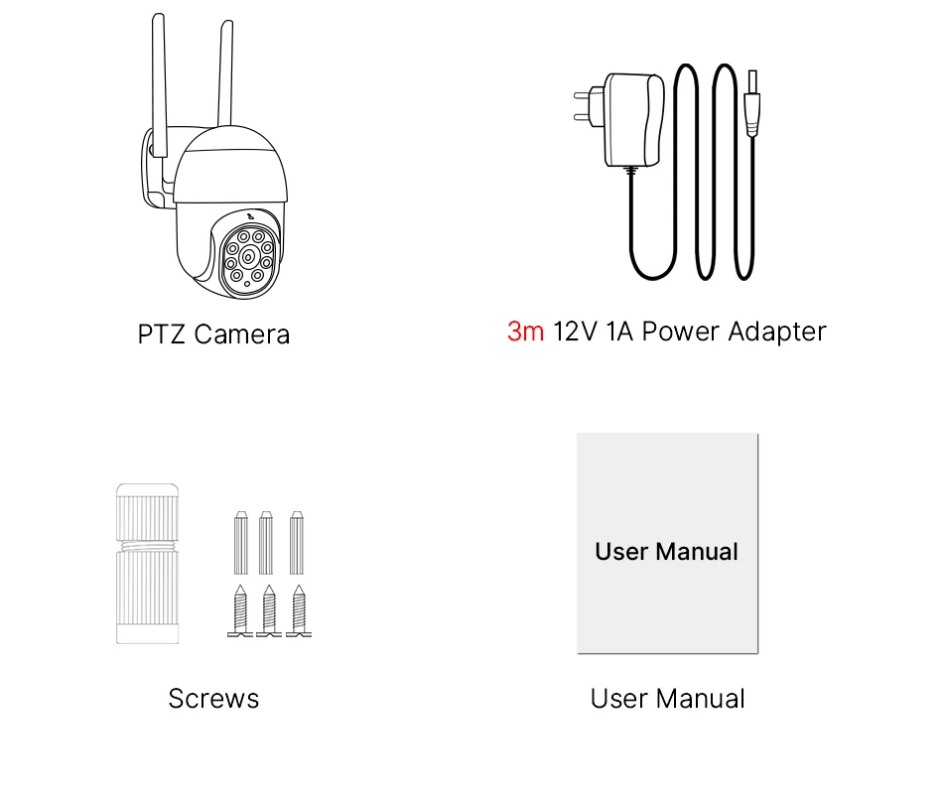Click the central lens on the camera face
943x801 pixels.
247,257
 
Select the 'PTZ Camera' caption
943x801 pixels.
213,334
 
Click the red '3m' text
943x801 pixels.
525,332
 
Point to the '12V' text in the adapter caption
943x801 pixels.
575,332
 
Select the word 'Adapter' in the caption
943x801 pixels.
776,332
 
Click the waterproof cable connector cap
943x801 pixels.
148,563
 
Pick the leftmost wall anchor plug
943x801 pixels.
240,543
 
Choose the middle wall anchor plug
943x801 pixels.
266,543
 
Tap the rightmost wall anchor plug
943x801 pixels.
297,543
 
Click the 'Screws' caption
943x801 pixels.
213,699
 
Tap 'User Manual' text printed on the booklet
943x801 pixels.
666,552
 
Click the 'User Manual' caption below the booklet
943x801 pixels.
667,699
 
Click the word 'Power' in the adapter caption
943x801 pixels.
681,332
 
